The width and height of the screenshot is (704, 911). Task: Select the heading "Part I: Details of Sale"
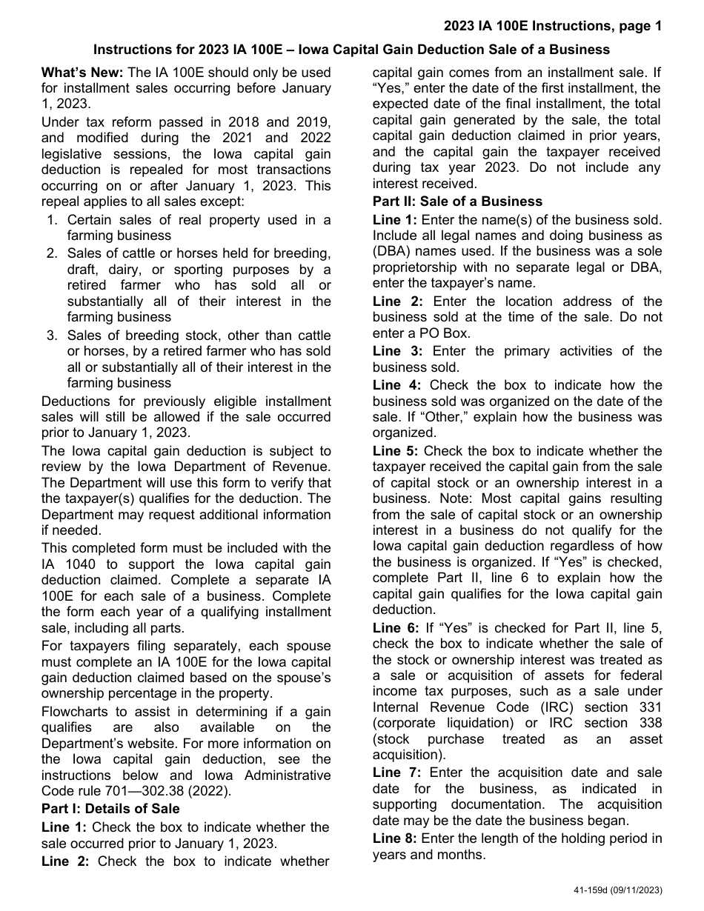[110, 808]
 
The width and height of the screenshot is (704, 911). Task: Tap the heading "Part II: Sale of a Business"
[457, 201]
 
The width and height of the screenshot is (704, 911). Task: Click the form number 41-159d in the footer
[592, 890]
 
